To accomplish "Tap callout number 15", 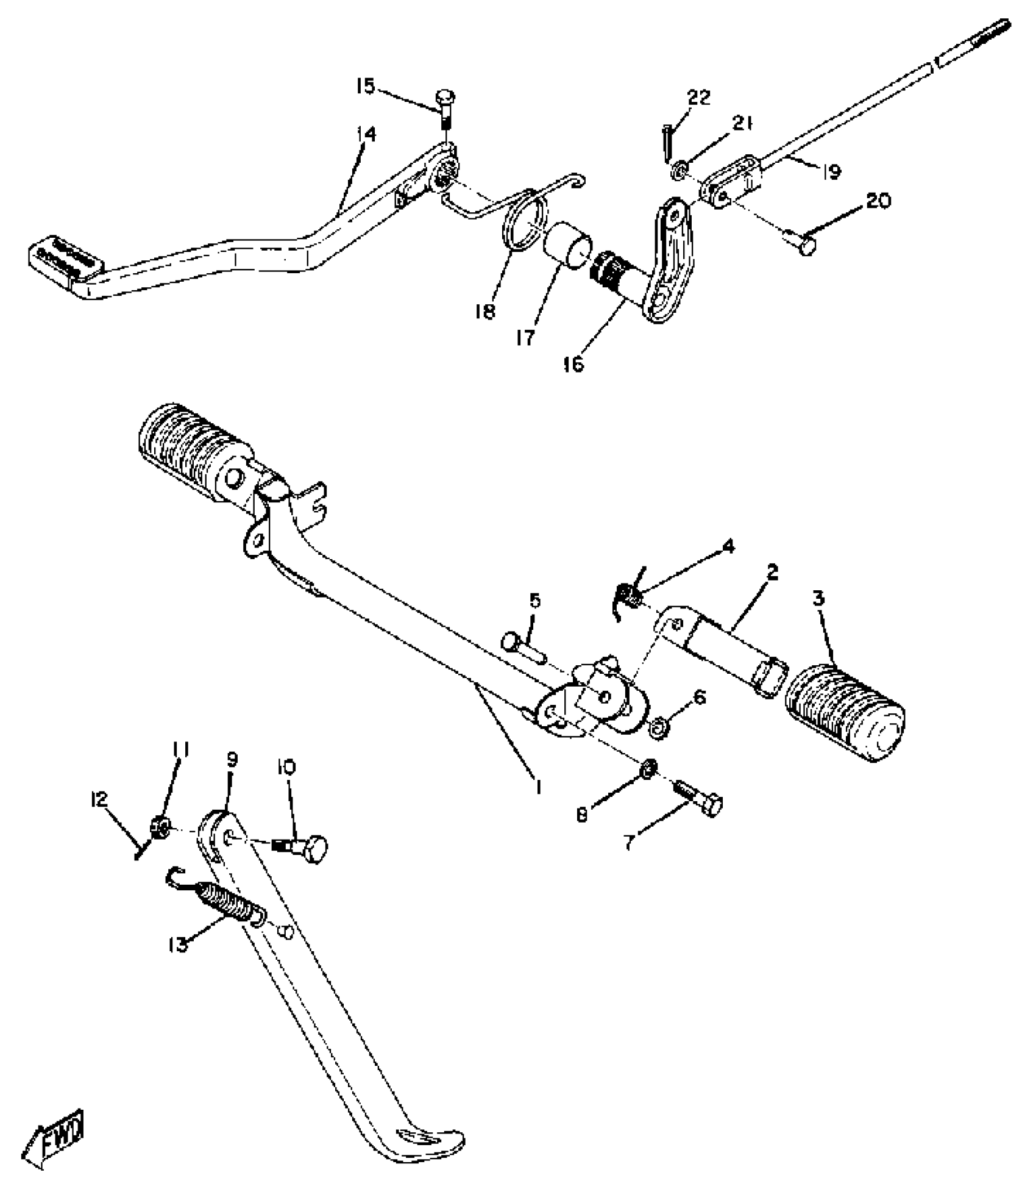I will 366,87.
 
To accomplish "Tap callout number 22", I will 699,98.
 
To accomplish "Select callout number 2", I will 773,573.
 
